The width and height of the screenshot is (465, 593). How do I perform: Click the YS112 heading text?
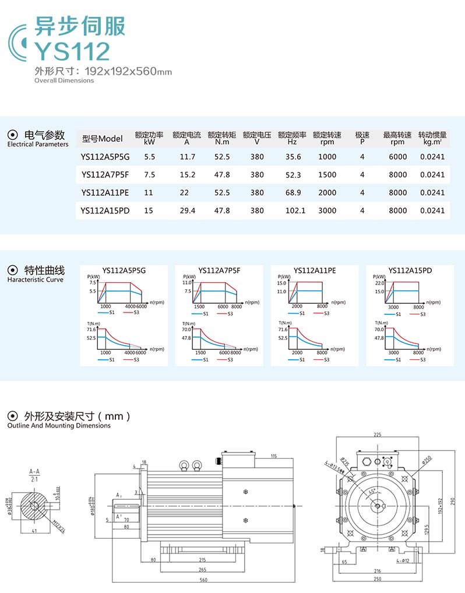pos(72,51)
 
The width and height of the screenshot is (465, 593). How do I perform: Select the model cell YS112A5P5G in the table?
pos(105,157)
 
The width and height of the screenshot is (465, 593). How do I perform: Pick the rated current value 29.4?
pos(187,210)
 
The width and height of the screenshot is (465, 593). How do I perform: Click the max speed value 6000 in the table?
pos(398,157)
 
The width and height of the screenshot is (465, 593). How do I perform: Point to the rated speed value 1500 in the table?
pos(327,174)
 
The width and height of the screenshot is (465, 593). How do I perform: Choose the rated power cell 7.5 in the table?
pos(149,174)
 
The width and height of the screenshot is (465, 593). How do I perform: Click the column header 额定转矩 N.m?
pos(222,138)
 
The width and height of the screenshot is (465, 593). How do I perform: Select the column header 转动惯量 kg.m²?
pos(432,138)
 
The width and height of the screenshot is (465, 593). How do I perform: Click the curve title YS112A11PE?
pos(315,271)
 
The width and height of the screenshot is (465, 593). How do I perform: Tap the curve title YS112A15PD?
pos(410,271)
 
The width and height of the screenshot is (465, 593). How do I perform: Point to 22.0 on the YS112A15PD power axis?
pos(380,283)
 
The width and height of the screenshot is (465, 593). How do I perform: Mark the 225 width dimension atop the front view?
pos(377,434)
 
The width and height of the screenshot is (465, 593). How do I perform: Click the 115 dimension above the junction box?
pos(273,455)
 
